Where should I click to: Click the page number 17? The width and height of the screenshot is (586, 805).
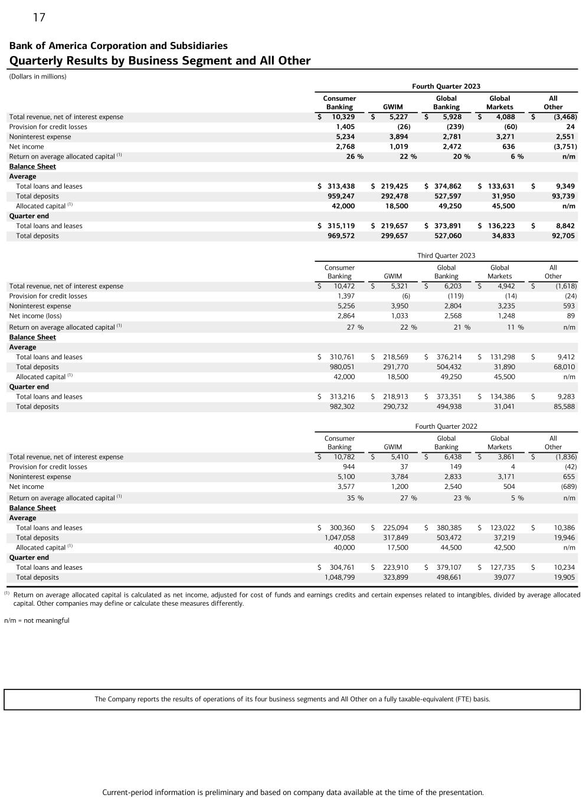[39, 18]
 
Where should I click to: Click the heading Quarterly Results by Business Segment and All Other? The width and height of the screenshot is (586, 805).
[159, 60]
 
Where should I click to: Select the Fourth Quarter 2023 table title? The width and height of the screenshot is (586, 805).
[446, 86]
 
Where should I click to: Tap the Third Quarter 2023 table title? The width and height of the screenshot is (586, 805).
[446, 255]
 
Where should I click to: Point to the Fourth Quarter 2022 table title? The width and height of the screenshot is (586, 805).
[446, 426]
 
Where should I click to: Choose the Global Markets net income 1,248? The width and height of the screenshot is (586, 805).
[503, 316]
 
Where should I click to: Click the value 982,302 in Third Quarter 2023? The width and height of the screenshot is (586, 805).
[342, 406]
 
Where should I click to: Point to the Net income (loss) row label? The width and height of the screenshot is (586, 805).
[35, 316]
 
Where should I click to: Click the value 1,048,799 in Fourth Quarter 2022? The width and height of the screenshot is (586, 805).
[339, 577]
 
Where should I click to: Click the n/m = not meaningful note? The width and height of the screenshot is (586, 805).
[37, 620]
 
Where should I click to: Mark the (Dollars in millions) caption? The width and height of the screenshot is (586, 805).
[38, 77]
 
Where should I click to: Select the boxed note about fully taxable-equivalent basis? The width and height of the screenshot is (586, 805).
[292, 699]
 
